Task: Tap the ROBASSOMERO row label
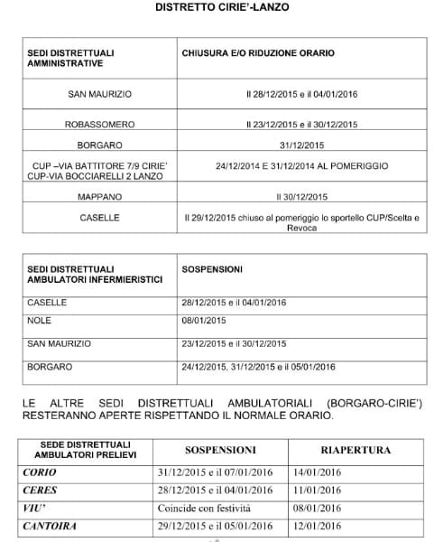pyautogui.click(x=100, y=124)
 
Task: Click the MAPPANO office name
pyautogui.click(x=100, y=196)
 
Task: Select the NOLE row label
pyautogui.click(x=39, y=320)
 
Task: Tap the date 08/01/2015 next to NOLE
pyautogui.click(x=204, y=320)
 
